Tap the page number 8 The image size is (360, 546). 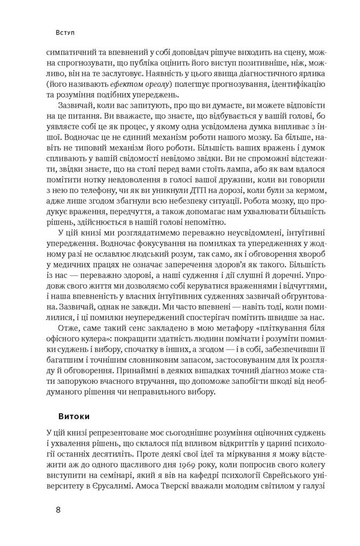pyautogui.click(x=59, y=509)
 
